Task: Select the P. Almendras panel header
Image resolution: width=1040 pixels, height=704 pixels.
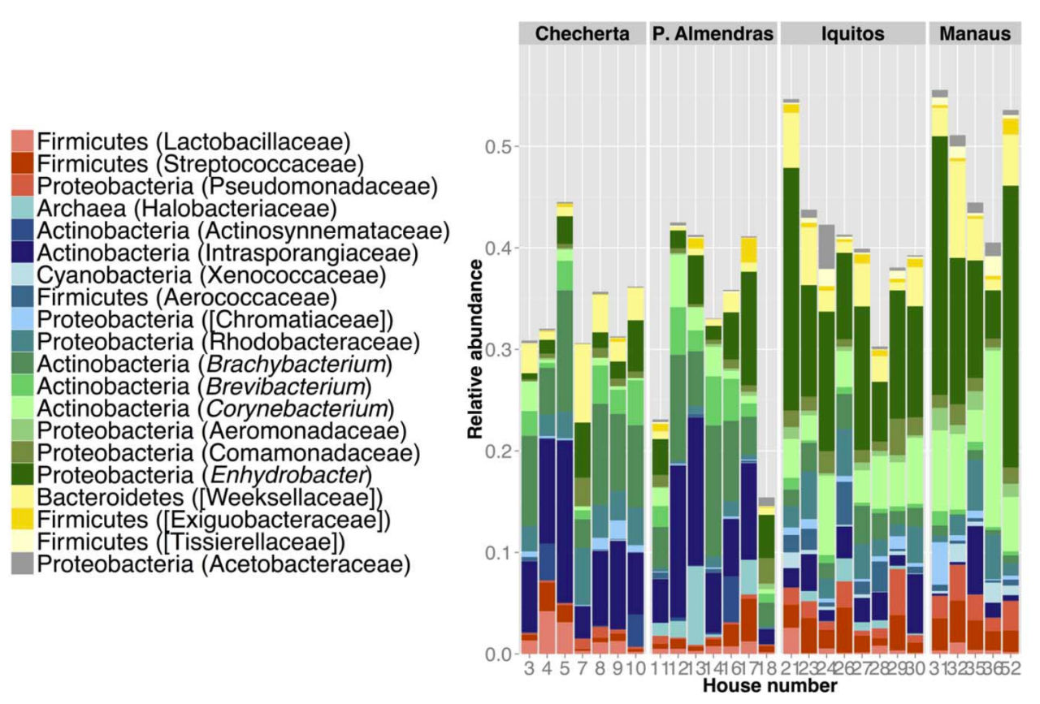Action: [713, 34]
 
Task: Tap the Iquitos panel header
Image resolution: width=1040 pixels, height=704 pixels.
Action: [851, 34]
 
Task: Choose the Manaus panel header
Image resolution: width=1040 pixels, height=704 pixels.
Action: [974, 34]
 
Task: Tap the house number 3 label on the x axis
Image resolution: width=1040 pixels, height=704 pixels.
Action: [529, 668]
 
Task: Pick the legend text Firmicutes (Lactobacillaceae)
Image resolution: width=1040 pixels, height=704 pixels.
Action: [193, 141]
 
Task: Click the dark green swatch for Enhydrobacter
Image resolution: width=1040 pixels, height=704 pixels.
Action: [23, 474]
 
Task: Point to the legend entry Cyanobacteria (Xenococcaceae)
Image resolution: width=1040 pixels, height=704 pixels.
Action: [211, 274]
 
